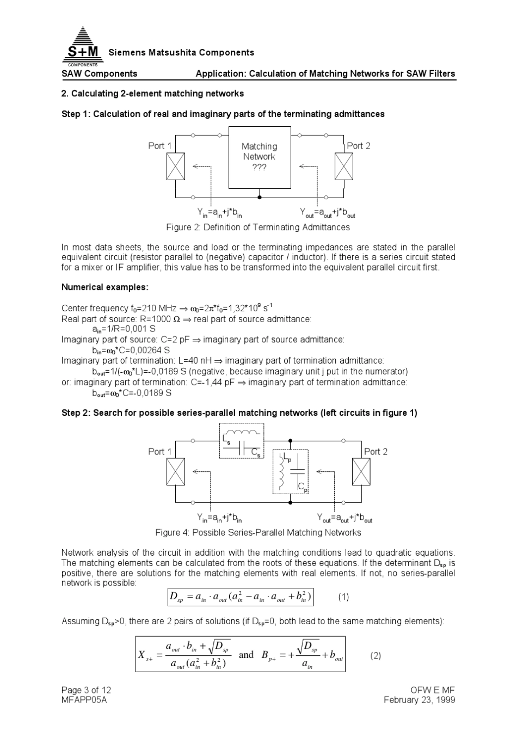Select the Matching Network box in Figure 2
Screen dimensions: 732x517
point(260,157)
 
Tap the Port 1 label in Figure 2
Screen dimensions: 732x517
point(160,146)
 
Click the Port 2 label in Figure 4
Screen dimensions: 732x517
point(376,452)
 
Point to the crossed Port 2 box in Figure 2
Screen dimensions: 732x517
point(343,166)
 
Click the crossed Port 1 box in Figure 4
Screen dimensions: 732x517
point(176,471)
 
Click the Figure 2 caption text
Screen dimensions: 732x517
point(258,227)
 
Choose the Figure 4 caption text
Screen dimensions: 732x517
point(258,532)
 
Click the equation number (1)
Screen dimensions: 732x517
point(343,597)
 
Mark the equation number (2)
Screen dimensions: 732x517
point(376,656)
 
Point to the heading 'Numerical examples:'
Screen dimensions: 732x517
point(105,287)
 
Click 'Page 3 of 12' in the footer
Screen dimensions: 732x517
point(86,690)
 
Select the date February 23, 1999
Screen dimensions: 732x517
point(419,700)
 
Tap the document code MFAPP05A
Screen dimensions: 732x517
point(84,700)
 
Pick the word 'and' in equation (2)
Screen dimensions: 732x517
point(246,655)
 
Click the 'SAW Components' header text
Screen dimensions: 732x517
point(100,73)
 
